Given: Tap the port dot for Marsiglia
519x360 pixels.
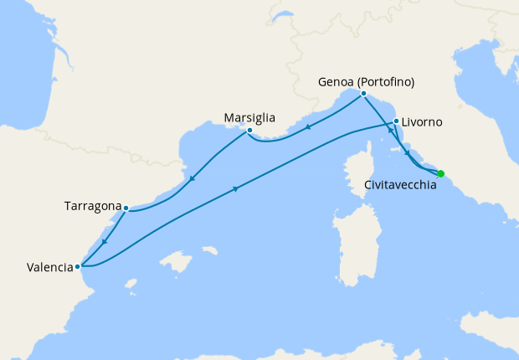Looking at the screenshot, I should click(249, 131).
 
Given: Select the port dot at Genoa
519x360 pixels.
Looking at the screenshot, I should click(363, 94).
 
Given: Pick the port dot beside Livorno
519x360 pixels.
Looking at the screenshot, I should click(396, 121).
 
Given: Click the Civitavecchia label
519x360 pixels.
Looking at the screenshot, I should click(401, 185).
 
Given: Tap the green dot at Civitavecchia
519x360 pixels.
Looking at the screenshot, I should click(441, 173).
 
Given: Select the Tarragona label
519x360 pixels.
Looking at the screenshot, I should click(92, 205).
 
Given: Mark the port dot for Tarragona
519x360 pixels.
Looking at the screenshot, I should click(126, 208).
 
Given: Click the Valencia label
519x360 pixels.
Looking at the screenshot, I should click(49, 268).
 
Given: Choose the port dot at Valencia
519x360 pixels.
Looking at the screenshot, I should click(78, 267).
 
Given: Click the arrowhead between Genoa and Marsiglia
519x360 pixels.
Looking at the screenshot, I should click(309, 128).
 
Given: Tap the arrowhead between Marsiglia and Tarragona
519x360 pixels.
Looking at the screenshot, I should click(193, 177).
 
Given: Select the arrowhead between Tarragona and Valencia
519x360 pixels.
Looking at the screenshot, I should click(104, 241).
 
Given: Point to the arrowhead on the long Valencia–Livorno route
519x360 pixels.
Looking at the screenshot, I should click(236, 188).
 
